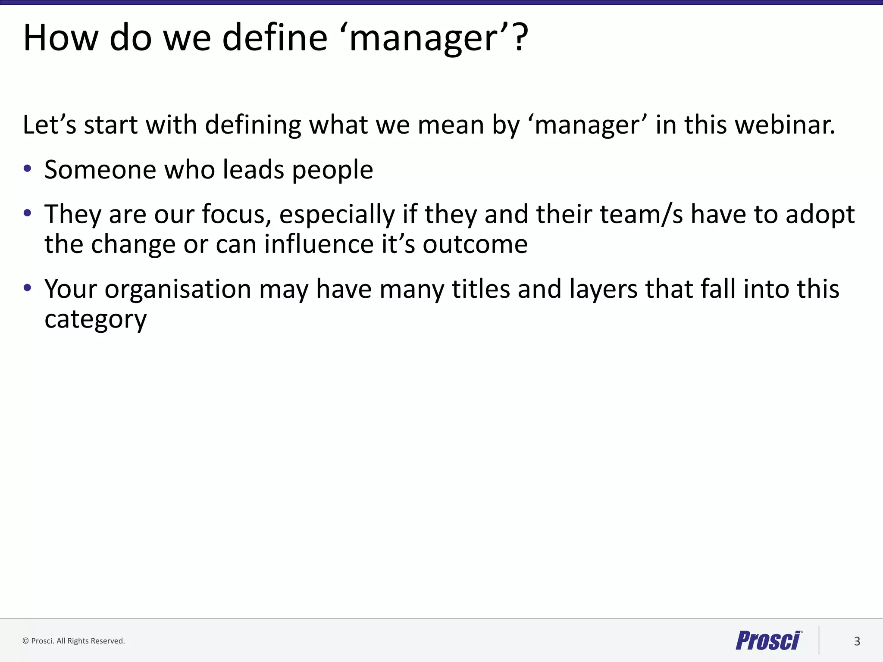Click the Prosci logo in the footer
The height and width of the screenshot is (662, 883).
coord(768,640)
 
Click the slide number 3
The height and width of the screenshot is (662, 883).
coord(857,641)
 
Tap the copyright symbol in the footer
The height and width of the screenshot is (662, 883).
coord(25,641)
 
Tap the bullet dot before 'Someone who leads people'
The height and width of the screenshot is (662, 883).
coord(28,169)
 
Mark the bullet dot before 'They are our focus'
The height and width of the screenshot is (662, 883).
coord(28,213)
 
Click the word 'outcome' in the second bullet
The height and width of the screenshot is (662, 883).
coord(475,244)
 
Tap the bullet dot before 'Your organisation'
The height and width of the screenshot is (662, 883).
coord(28,287)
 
